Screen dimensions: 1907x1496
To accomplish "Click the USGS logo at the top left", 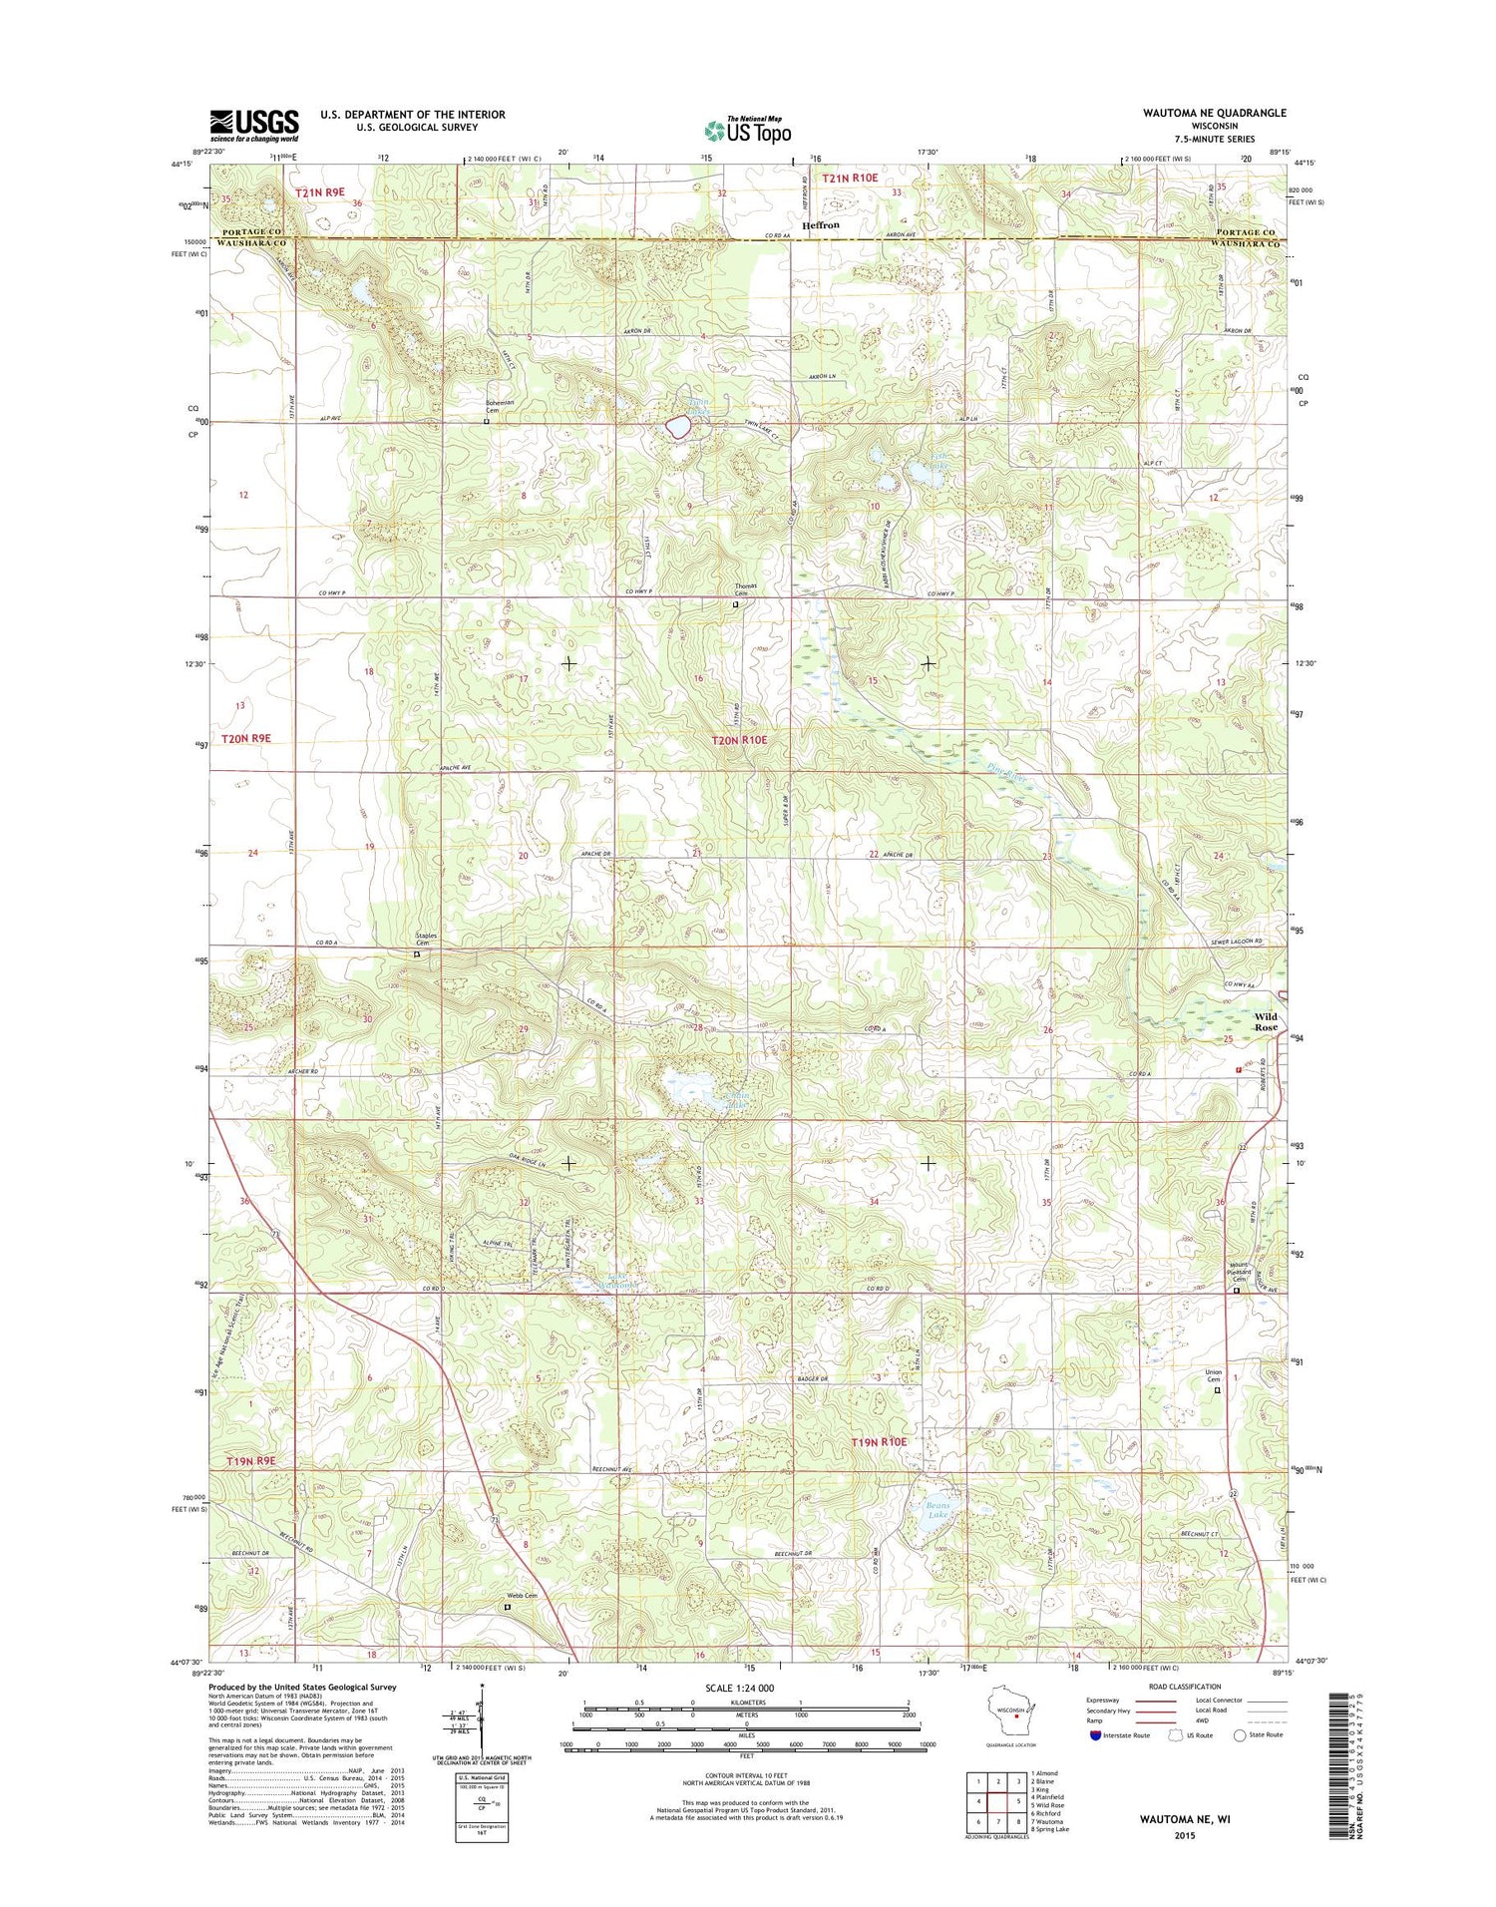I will click(253, 125).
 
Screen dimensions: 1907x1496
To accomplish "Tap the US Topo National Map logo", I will click(748, 130).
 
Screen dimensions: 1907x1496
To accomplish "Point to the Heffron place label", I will click(821, 225).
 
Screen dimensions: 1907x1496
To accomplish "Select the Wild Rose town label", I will click(1266, 1021).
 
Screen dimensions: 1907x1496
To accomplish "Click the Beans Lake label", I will click(937, 1510).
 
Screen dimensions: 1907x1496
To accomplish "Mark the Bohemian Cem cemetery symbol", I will click(487, 422).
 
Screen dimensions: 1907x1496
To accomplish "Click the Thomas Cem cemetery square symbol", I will click(736, 604).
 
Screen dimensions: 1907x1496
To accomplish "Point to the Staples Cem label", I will click(426, 940).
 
